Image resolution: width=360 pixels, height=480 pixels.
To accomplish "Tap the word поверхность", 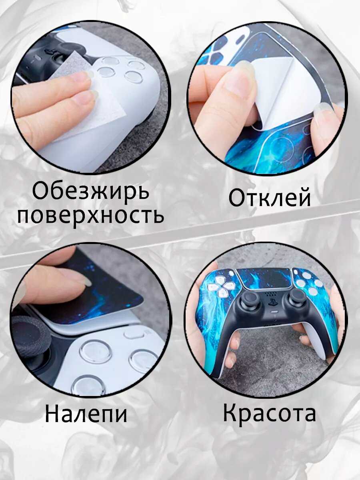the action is [91, 216].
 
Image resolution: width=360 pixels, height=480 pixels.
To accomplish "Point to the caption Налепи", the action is [86, 414].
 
